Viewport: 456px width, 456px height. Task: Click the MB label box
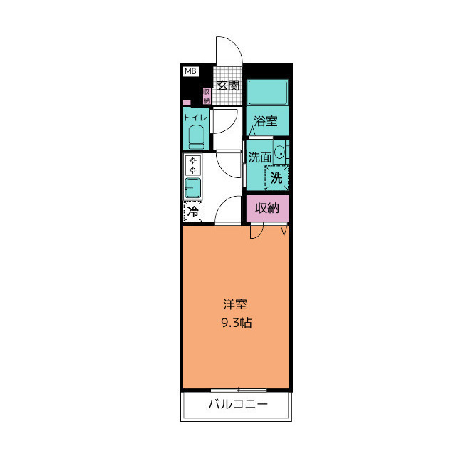[x=191, y=71]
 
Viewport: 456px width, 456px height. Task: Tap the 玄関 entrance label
[x=228, y=85]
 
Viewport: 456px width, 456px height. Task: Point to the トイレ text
[x=195, y=118]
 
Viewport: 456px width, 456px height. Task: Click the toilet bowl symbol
[x=197, y=137]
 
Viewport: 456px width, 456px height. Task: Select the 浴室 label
[x=266, y=121]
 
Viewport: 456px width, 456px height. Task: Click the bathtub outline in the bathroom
[x=267, y=92]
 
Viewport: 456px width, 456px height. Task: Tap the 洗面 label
[x=259, y=157]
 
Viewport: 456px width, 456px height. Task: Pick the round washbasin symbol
[x=280, y=152]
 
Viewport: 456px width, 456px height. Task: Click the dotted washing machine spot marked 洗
[x=276, y=177]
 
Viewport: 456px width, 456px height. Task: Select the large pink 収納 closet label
[x=267, y=208]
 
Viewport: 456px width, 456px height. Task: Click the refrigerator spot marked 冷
[x=193, y=212]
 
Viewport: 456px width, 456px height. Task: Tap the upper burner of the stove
[x=192, y=160]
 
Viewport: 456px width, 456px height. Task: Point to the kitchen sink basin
[x=193, y=188]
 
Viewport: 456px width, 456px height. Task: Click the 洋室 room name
[x=235, y=304]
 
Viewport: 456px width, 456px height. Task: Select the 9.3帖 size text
[x=237, y=323]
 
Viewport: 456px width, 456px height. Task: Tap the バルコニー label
[x=237, y=404]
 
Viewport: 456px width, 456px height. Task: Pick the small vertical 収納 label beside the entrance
[x=207, y=96]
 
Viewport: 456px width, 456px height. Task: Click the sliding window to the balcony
[x=239, y=390]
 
